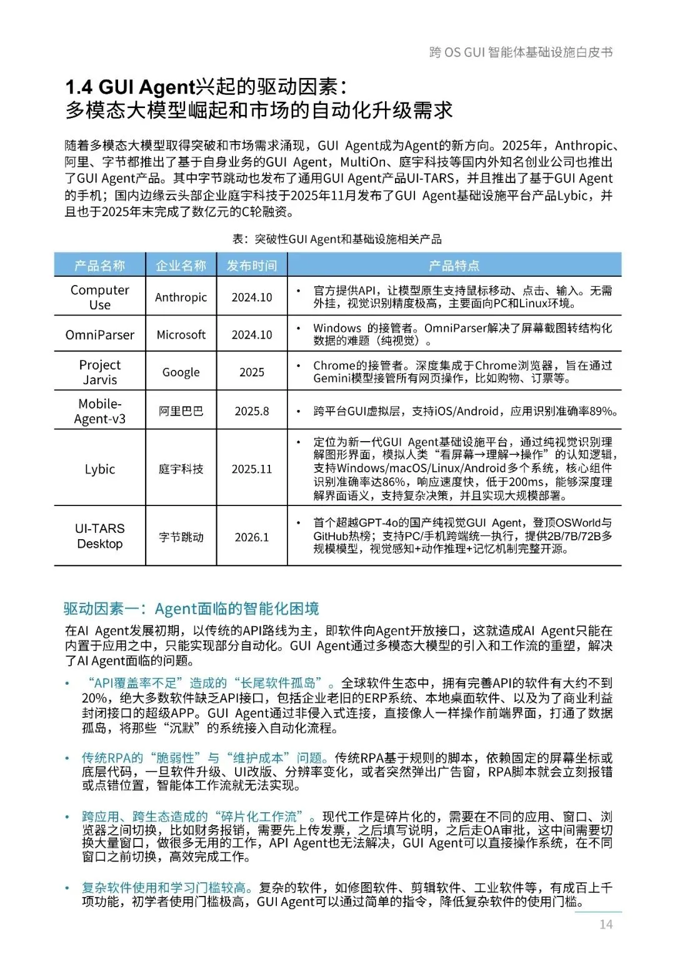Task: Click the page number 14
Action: click(x=606, y=925)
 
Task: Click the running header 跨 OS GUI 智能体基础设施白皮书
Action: click(x=521, y=52)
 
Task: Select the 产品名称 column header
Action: click(x=99, y=266)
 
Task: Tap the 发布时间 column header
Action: click(x=251, y=266)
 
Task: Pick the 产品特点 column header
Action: click(x=454, y=266)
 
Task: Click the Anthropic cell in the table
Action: click(x=181, y=297)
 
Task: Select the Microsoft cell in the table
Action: click(x=181, y=335)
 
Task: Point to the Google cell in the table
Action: click(x=181, y=372)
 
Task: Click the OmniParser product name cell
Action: click(x=99, y=335)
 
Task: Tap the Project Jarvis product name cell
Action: click(x=99, y=372)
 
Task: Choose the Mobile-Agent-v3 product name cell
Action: click(x=99, y=411)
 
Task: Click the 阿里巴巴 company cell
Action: click(x=181, y=411)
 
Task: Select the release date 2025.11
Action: click(x=251, y=469)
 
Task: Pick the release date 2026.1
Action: click(x=251, y=537)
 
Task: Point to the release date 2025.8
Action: click(x=251, y=411)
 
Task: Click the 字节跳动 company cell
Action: click(x=181, y=537)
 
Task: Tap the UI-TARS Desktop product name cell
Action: click(x=99, y=536)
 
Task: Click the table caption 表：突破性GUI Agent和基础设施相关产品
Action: click(x=337, y=239)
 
